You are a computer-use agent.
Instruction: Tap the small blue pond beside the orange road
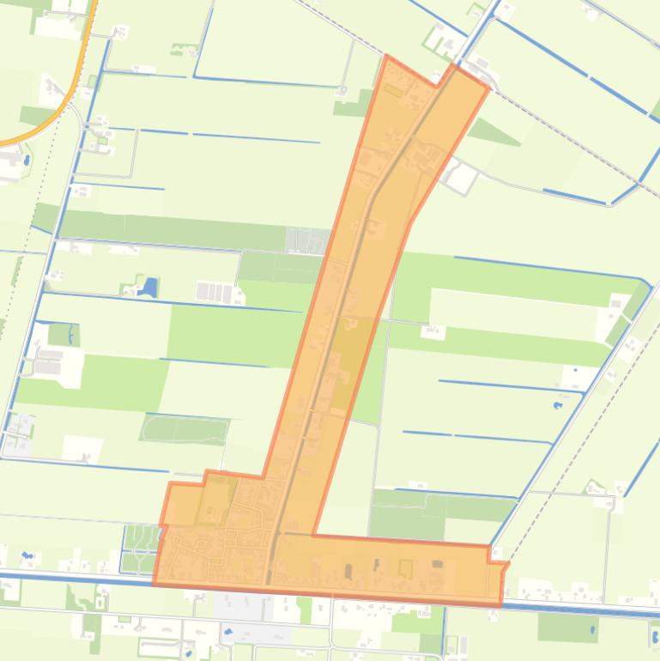(27, 159)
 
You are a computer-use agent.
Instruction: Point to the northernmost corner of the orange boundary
(387, 57)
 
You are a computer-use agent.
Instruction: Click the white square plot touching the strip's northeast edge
(462, 178)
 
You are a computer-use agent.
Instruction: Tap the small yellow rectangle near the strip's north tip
(393, 89)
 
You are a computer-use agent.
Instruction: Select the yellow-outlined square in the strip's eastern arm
(405, 567)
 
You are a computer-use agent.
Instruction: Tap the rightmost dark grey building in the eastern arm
(438, 564)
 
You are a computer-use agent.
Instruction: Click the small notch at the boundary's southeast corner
(503, 566)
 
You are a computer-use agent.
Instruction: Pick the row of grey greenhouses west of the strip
(215, 292)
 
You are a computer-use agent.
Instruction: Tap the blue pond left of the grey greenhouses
(148, 286)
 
